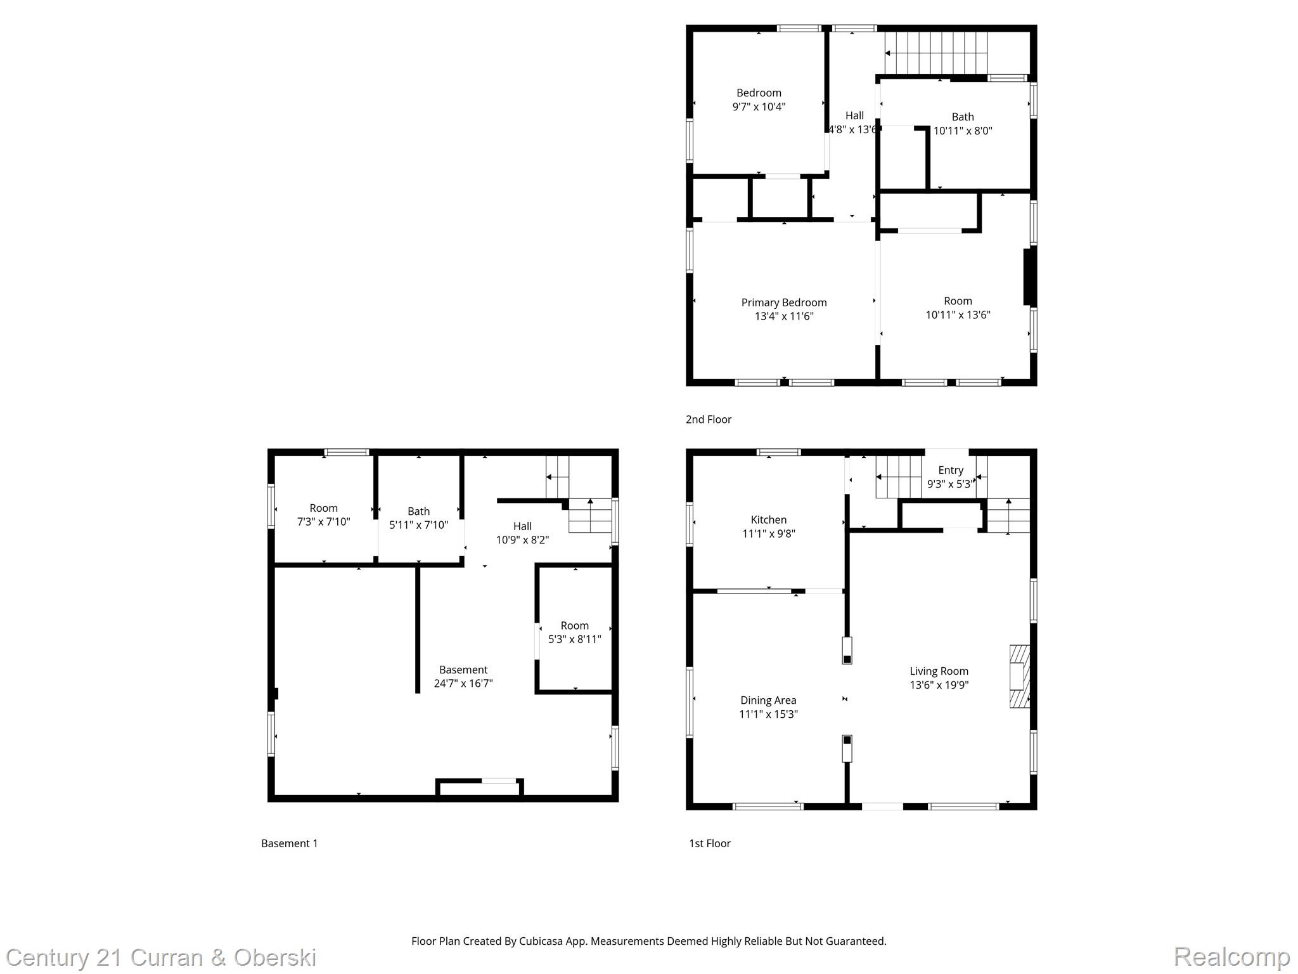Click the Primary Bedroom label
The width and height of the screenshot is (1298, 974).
(784, 302)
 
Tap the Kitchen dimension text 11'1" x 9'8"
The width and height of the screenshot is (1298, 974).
(768, 534)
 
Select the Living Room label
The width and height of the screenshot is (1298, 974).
(939, 671)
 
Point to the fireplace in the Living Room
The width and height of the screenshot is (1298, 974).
(1019, 676)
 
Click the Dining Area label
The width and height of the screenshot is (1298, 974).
(768, 700)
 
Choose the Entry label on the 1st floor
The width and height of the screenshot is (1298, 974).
(950, 470)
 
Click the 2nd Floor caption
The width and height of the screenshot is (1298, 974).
(708, 419)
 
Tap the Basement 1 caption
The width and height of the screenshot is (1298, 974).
(289, 843)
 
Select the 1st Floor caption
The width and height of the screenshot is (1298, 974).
(709, 843)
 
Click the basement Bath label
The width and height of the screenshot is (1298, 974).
(418, 511)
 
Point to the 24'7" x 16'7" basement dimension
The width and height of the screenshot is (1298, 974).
(463, 684)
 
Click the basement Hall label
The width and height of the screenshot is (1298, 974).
(522, 526)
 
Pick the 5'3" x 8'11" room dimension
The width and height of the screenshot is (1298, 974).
(574, 639)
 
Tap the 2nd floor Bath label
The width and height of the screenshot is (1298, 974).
(962, 117)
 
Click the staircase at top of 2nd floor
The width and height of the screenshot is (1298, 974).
(936, 53)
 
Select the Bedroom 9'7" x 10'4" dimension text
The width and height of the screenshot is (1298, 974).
(759, 107)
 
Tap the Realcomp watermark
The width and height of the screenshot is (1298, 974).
(1231, 956)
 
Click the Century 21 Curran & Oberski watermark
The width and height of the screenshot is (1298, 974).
(161, 958)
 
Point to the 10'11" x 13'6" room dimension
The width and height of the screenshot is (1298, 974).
(958, 315)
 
